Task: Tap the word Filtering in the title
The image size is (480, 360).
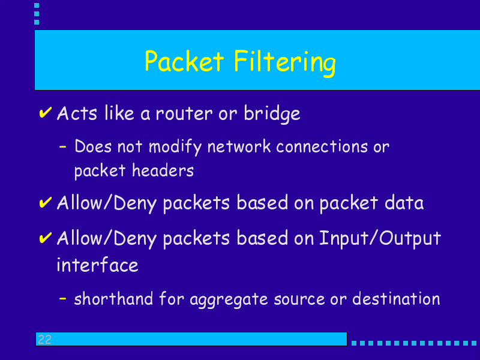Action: tap(285, 63)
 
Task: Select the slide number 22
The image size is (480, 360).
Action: tap(44, 340)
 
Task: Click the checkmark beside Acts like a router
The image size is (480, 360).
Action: tap(46, 112)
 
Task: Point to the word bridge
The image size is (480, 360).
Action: tap(272, 114)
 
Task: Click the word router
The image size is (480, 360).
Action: tap(184, 114)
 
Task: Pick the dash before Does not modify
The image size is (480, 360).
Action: tap(62, 147)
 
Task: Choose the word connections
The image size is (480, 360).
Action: tap(322, 146)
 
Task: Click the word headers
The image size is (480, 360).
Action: tap(163, 170)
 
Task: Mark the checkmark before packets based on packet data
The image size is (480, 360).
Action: tap(46, 202)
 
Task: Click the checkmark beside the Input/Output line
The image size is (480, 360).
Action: tap(46, 238)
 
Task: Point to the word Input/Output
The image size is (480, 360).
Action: tap(380, 239)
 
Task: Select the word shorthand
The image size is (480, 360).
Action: tap(113, 298)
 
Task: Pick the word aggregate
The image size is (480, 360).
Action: tap(229, 299)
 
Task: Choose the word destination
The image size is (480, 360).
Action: tap(396, 298)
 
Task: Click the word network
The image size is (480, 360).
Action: tap(239, 146)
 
